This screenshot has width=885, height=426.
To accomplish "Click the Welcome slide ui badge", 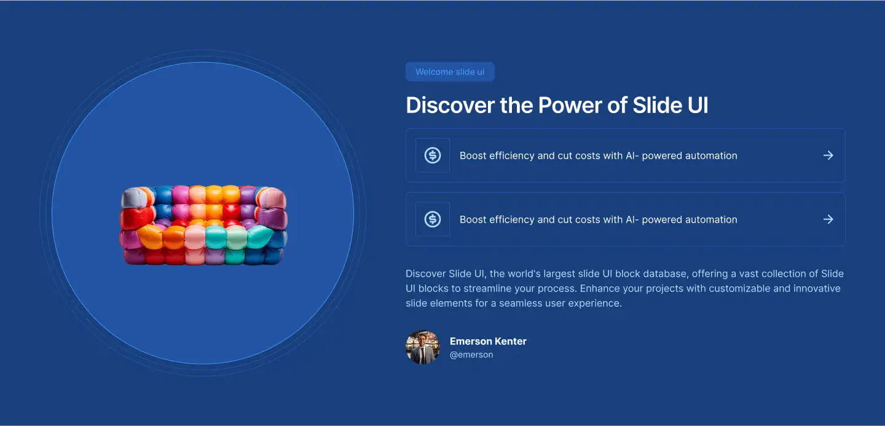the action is pos(450,71).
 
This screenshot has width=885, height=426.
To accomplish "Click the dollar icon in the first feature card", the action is pos(433,156).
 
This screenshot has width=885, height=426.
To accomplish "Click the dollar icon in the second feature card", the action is pos(433,219).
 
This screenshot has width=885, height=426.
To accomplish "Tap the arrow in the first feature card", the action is pos(828,156).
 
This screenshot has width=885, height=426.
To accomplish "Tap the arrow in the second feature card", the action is pos(828,219).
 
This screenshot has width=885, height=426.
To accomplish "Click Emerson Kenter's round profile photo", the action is pos(423,347).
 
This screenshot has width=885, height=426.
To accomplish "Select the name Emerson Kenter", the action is pos(488,341).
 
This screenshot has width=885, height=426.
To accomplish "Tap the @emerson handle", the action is pos(471,355).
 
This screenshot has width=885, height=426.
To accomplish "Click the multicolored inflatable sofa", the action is pos(203,225).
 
